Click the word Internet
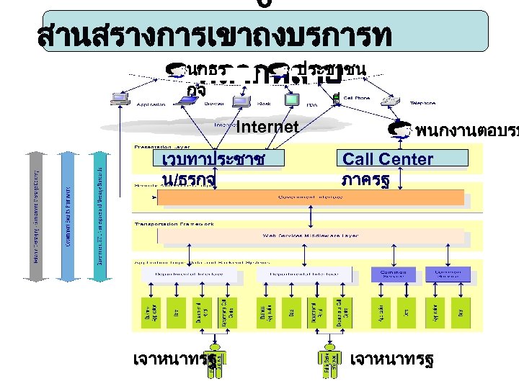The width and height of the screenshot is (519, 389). tap(267, 128)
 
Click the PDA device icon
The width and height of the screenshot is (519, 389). tap(291, 97)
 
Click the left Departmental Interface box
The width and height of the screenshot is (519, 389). tap(178, 274)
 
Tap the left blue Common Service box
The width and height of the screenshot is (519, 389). tap(394, 274)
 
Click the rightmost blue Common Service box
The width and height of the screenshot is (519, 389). tap(448, 274)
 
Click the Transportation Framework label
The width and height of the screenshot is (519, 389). tap(174, 223)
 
